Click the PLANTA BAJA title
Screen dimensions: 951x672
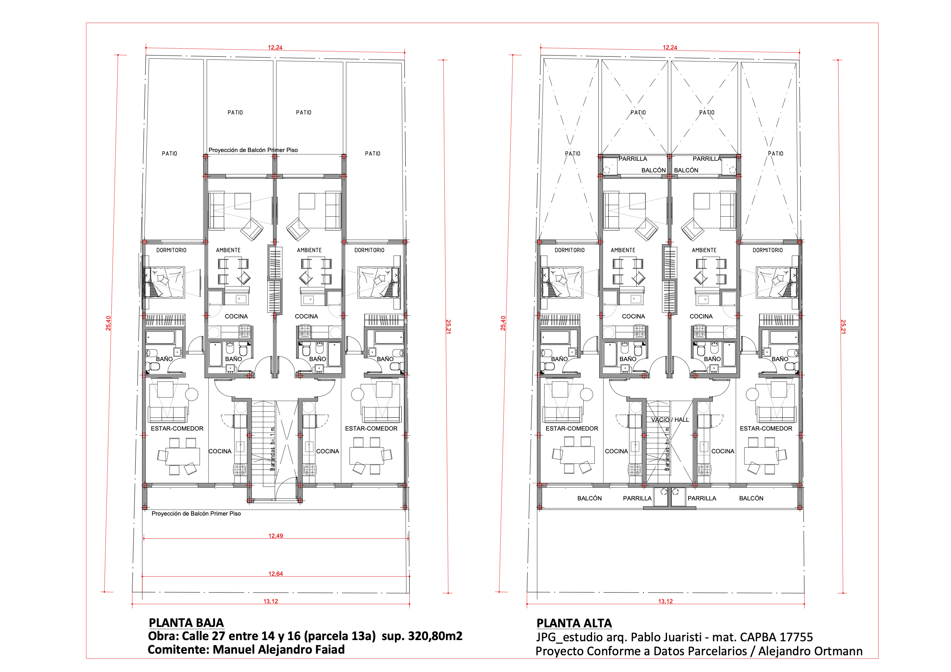[186, 623]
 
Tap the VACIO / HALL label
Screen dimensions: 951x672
[670, 420]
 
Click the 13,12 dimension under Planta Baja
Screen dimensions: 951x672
[271, 601]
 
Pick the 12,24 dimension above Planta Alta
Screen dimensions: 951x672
[670, 47]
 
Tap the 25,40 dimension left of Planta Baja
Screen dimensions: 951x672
[109, 323]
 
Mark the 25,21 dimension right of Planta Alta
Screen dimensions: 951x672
[843, 326]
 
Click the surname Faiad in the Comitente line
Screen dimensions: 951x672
[329, 649]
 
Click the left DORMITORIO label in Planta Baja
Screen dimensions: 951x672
[171, 250]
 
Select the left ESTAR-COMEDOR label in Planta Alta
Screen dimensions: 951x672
[572, 429]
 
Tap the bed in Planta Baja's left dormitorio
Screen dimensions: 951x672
[164, 282]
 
